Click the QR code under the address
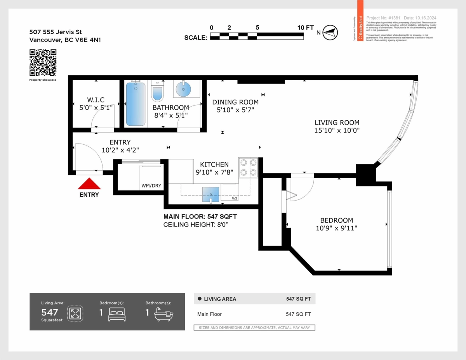pos(43,62)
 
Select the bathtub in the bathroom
pos(136,104)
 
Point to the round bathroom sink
pos(183,89)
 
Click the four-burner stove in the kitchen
pos(248,168)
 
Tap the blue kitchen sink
pos(211,194)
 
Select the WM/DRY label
pos(151,186)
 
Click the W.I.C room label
pos(96,100)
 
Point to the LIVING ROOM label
pos(337,123)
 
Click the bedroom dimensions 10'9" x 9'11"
pos(336,228)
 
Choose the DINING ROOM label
pos(235,102)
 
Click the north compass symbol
pos(330,32)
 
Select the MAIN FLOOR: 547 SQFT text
pos(200,216)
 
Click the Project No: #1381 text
pos(383,18)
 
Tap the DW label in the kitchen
pos(235,198)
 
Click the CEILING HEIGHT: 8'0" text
pos(198,224)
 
